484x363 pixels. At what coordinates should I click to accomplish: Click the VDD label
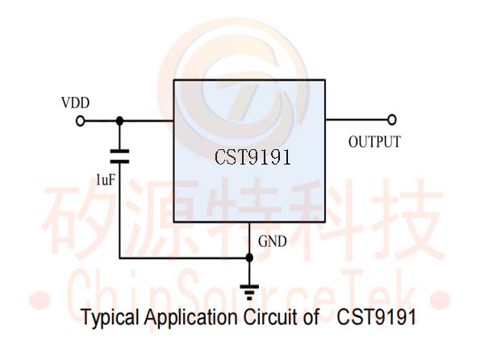(75, 103)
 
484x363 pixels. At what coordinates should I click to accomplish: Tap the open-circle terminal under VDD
(80, 121)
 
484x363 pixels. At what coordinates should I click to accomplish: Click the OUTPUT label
(374, 143)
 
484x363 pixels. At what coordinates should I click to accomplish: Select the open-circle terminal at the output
(392, 120)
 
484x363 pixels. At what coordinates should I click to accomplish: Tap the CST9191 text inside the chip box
(252, 157)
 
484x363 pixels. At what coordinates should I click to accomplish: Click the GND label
(272, 241)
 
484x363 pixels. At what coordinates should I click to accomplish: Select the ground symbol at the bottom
(249, 290)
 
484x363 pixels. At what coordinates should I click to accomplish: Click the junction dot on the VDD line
(119, 121)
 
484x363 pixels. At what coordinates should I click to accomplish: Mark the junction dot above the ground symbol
(249, 257)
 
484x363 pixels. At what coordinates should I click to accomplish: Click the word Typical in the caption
(109, 317)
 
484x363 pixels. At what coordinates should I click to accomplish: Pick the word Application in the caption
(190, 317)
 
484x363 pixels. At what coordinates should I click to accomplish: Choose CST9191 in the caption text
(377, 317)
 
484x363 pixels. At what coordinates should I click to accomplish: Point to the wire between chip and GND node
(249, 238)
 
